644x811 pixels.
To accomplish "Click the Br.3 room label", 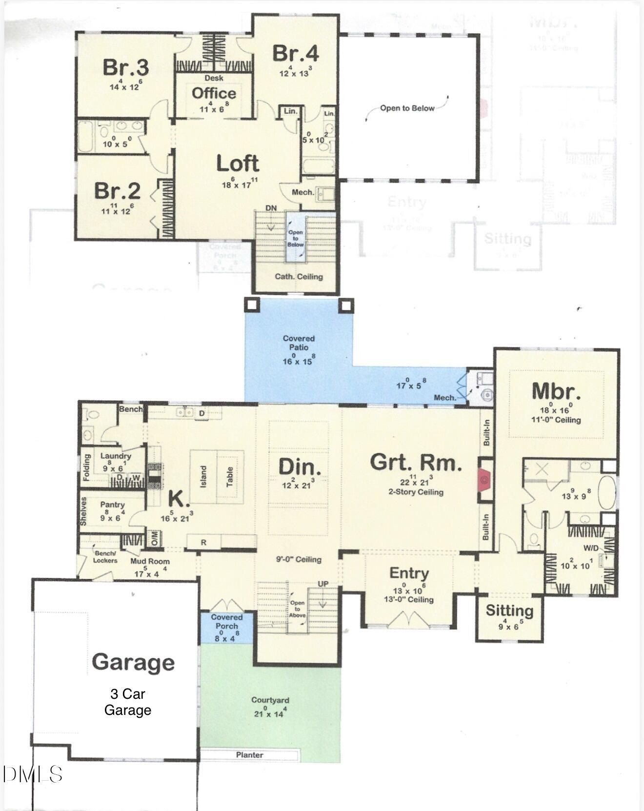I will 125,67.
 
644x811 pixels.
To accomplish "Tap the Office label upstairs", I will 214,93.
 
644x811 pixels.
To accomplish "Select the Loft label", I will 238,164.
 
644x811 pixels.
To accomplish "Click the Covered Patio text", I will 299,343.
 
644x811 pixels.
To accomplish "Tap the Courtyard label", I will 270,700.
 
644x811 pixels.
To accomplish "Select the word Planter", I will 250,755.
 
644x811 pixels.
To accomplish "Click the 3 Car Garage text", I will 127,702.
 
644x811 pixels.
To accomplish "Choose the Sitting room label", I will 509,610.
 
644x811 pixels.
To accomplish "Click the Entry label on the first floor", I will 409,574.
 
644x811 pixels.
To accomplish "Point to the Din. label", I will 300,467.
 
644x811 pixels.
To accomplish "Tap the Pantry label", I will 112,505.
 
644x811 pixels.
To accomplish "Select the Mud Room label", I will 149,561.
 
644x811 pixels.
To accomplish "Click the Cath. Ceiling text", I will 299,277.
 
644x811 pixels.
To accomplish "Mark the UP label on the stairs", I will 323,584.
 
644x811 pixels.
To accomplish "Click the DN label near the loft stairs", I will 271,208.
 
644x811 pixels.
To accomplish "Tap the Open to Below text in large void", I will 407,108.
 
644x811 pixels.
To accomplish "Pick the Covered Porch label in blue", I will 226,621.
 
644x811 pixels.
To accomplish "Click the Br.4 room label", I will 296,54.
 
